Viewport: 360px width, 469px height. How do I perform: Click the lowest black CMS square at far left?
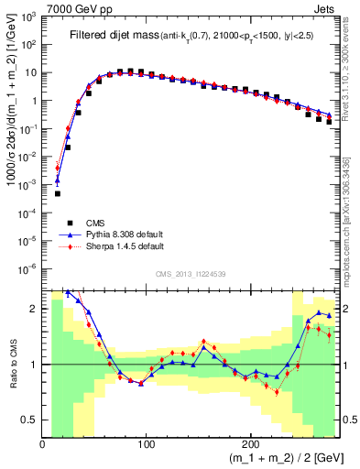point(58,193)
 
